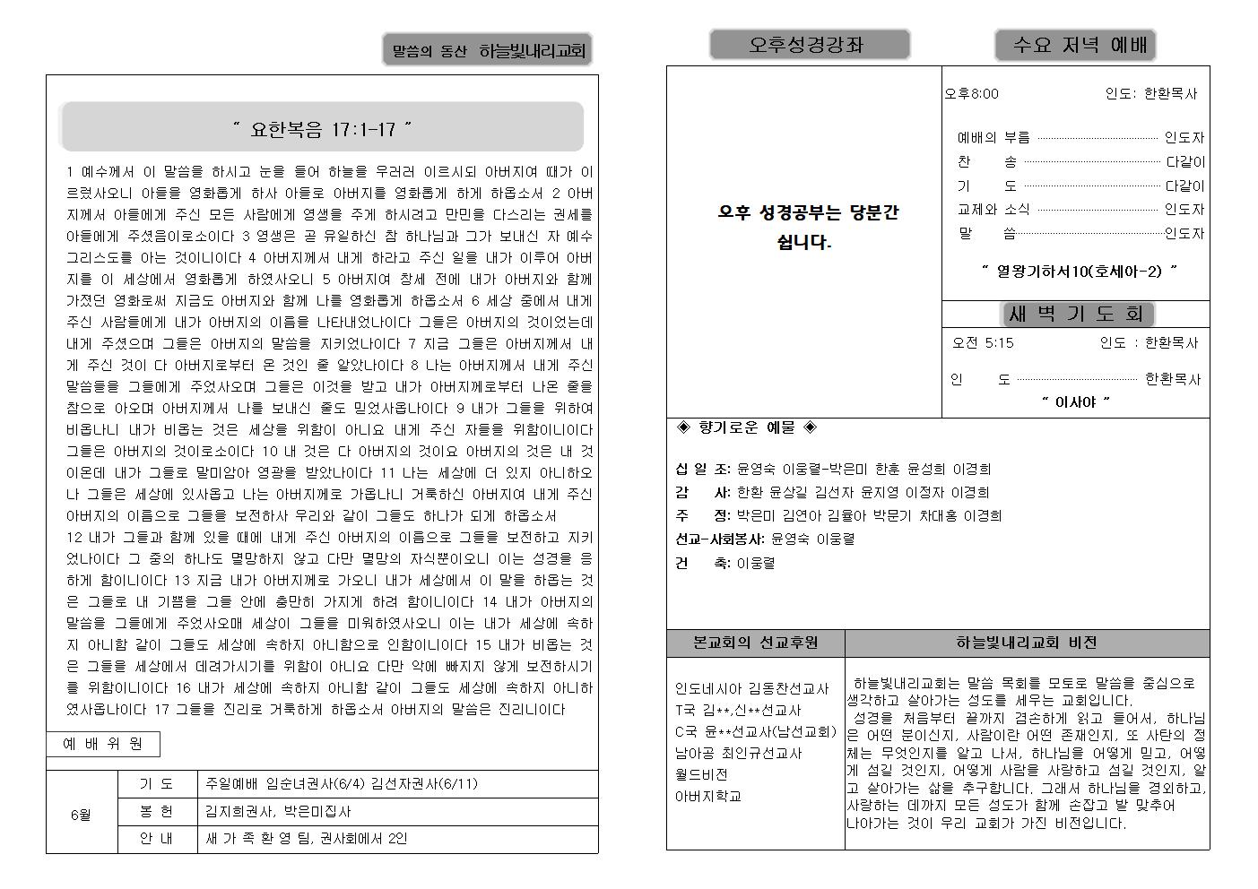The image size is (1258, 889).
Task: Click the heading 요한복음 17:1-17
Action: click(x=322, y=129)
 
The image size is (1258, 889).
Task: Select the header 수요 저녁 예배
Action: click(x=1074, y=45)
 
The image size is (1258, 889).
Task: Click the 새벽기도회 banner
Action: click(x=1076, y=314)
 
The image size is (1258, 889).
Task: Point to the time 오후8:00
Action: click(x=972, y=93)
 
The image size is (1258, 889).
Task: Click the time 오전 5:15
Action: click(x=984, y=342)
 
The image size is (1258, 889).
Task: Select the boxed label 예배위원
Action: click(x=103, y=744)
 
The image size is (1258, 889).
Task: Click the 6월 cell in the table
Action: click(x=82, y=815)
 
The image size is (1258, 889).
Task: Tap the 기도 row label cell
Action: click(x=157, y=783)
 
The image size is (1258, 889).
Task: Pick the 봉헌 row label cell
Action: click(x=157, y=811)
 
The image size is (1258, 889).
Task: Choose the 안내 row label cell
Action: click(x=157, y=839)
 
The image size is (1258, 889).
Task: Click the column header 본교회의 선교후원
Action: click(x=755, y=643)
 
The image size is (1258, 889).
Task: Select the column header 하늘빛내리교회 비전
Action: click(x=1026, y=643)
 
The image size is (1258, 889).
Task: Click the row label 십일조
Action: click(x=703, y=469)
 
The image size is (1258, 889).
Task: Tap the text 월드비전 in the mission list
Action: click(x=701, y=774)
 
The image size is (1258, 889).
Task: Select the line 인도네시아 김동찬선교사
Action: click(x=751, y=688)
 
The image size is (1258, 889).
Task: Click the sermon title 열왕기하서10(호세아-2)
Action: click(x=1079, y=271)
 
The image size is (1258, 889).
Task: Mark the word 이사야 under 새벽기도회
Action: click(x=1075, y=402)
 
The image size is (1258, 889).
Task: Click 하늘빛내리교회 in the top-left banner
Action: click(x=532, y=51)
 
